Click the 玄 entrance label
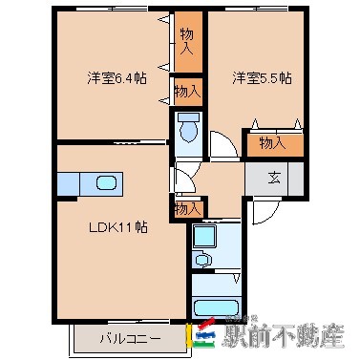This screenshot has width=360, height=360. click(273, 176)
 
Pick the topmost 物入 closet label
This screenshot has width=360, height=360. click(187, 41)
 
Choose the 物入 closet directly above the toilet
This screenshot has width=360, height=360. click(187, 92)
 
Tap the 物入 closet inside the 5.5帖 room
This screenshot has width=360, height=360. click(273, 142)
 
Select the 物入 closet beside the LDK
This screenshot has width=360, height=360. click(187, 207)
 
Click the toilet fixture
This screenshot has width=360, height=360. click(188, 128)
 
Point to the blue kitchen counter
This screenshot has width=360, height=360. click(89, 182)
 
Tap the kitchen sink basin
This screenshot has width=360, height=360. click(105, 182)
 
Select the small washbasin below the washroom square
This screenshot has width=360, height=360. click(201, 258)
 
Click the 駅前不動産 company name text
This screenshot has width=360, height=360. click(285, 335)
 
